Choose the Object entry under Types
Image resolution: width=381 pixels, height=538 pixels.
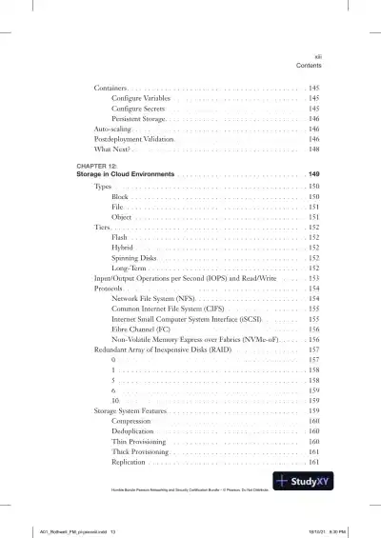click(121, 217)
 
